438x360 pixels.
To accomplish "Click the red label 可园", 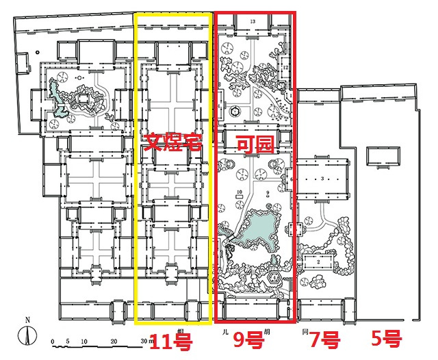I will click(x=252, y=143).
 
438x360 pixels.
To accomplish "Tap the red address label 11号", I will click(x=170, y=339).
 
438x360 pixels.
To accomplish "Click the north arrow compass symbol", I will click(x=26, y=334).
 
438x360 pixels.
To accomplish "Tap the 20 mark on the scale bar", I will click(x=114, y=342).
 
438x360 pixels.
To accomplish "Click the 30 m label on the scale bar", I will click(x=146, y=342).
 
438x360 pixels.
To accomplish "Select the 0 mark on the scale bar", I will click(x=52, y=342).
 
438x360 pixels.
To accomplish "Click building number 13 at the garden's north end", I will click(x=253, y=22).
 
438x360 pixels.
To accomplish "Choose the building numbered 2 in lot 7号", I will click(x=319, y=261).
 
